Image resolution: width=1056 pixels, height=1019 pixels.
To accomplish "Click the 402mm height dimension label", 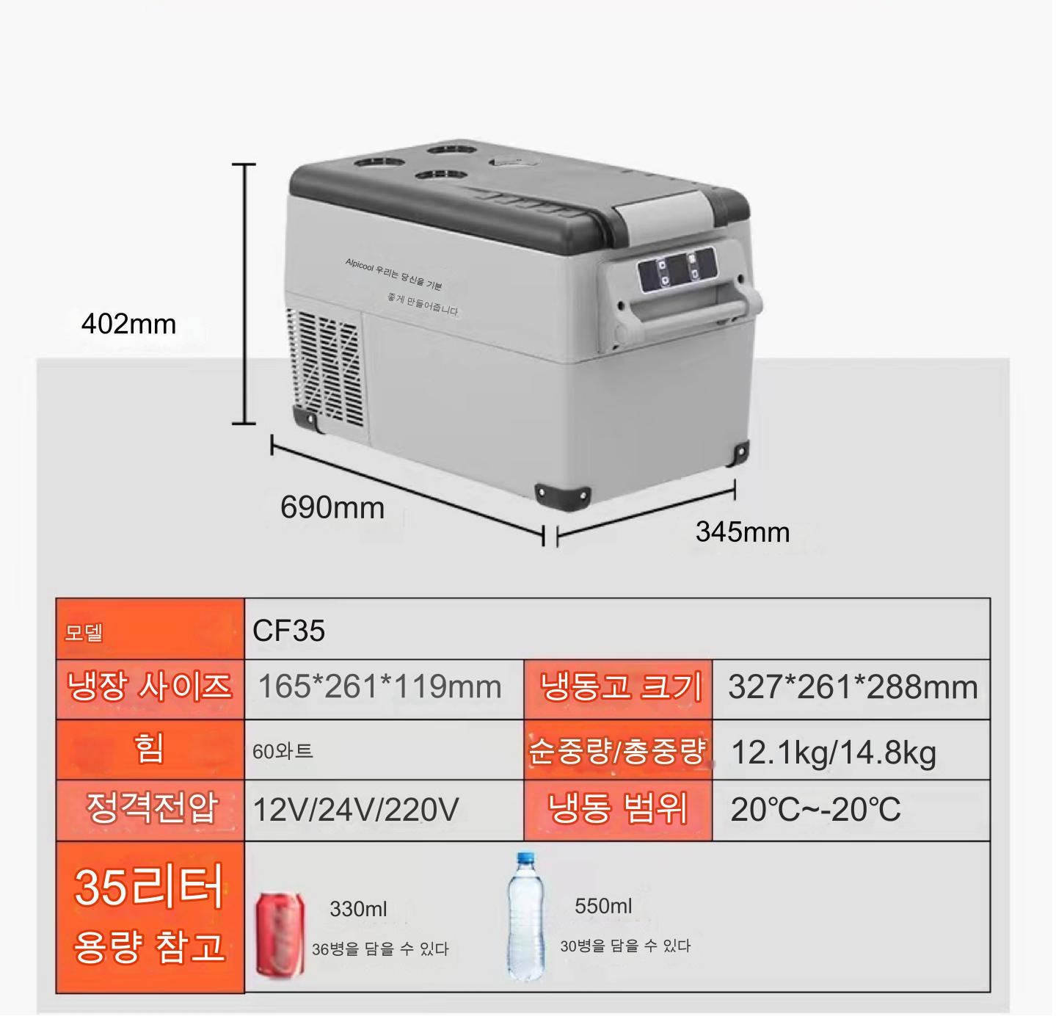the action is click(128, 324).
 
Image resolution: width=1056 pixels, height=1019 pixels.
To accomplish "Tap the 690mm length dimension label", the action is click(332, 508).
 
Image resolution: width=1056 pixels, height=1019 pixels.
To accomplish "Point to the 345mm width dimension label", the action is click(743, 532).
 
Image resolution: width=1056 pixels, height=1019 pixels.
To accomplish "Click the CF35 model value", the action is click(288, 631).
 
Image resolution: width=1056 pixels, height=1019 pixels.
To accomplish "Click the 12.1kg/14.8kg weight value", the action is click(834, 753).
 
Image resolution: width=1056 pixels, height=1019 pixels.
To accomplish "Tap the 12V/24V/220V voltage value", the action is click(355, 810).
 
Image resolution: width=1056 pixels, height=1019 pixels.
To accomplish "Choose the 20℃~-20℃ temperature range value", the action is click(815, 810).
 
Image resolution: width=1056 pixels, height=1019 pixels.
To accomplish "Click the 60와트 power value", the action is click(283, 751).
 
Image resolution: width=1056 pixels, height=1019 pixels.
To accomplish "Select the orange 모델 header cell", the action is click(150, 629).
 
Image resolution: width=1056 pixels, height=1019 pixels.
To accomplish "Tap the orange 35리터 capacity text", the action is click(149, 887).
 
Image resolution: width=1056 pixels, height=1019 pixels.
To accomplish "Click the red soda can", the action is click(280, 935).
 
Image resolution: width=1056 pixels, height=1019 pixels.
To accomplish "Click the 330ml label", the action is click(358, 910).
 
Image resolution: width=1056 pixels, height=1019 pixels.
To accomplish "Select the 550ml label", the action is click(603, 906).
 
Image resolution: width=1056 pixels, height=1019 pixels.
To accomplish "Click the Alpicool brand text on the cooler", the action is click(360, 265).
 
